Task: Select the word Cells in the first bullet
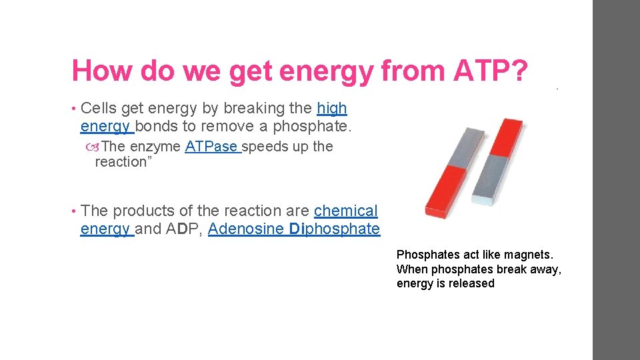tap(99, 108)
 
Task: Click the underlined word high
tap(332, 108)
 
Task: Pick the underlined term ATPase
tap(211, 147)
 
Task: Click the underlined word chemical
tap(345, 211)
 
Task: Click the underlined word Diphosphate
tap(335, 229)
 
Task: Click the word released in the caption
tap(471, 283)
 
